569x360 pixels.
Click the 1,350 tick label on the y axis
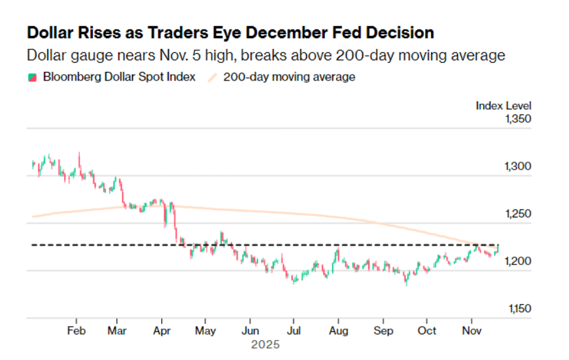pos(517,119)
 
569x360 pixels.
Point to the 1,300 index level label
pos(517,166)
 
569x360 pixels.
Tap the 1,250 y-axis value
pos(517,214)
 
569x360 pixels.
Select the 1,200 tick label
pos(517,261)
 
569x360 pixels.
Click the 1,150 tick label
pos(517,308)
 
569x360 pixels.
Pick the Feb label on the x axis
pos(77,331)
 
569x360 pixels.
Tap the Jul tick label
pos(294,331)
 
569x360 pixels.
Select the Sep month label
pos(383,331)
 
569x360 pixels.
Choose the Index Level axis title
pos(504,105)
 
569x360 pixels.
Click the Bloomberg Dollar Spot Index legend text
pos(119,77)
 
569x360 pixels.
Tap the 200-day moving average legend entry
pos(289,77)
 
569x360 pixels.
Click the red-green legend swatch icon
pos(31,77)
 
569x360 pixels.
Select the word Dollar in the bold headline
pos(52,32)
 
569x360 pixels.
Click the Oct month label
pos(427,331)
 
